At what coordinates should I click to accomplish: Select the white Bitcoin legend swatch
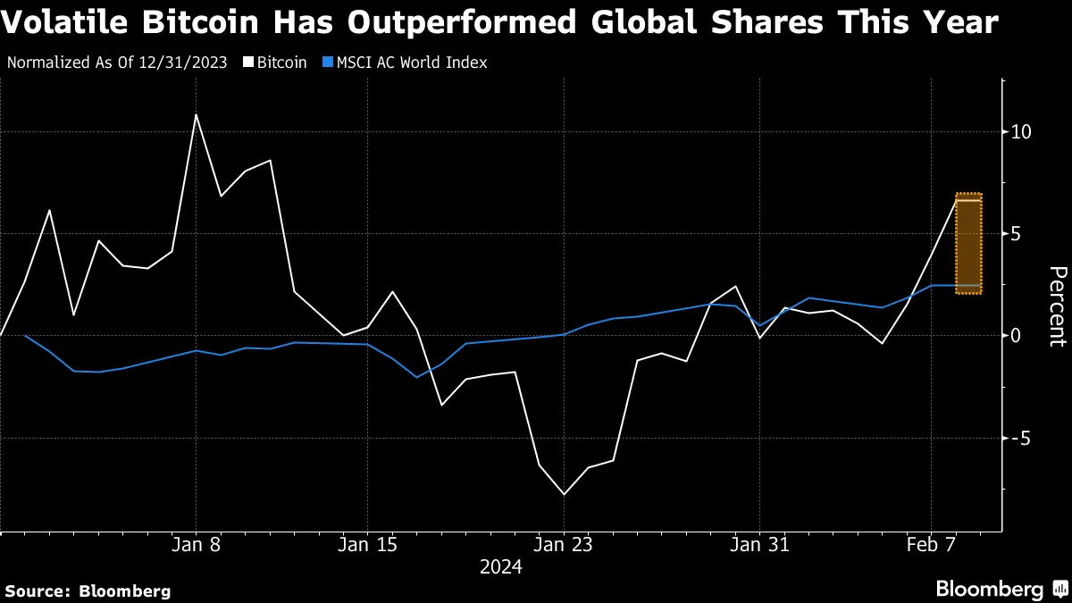[x=249, y=63]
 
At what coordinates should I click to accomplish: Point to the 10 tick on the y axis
[x=1021, y=132]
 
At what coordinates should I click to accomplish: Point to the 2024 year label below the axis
[x=501, y=567]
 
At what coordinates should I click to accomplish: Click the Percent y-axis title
[x=1057, y=306]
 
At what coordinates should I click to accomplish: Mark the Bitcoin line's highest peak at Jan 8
[x=196, y=114]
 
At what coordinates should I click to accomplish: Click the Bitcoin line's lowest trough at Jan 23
[x=564, y=494]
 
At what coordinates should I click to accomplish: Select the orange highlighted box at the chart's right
[x=969, y=243]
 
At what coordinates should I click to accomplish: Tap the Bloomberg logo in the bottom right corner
[x=1000, y=590]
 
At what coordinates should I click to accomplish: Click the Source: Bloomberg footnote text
[x=88, y=590]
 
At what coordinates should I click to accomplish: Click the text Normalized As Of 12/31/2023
[x=116, y=63]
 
